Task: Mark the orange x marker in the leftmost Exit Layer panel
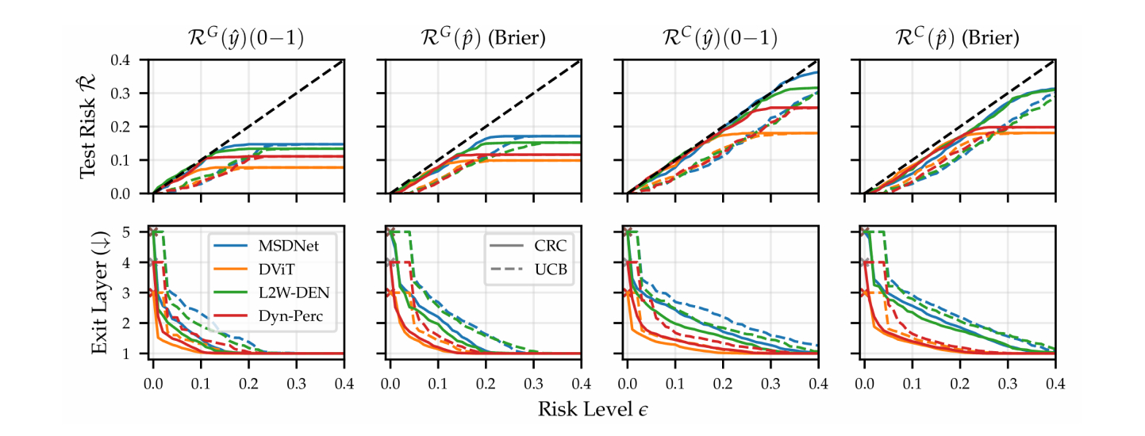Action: coord(153,293)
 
